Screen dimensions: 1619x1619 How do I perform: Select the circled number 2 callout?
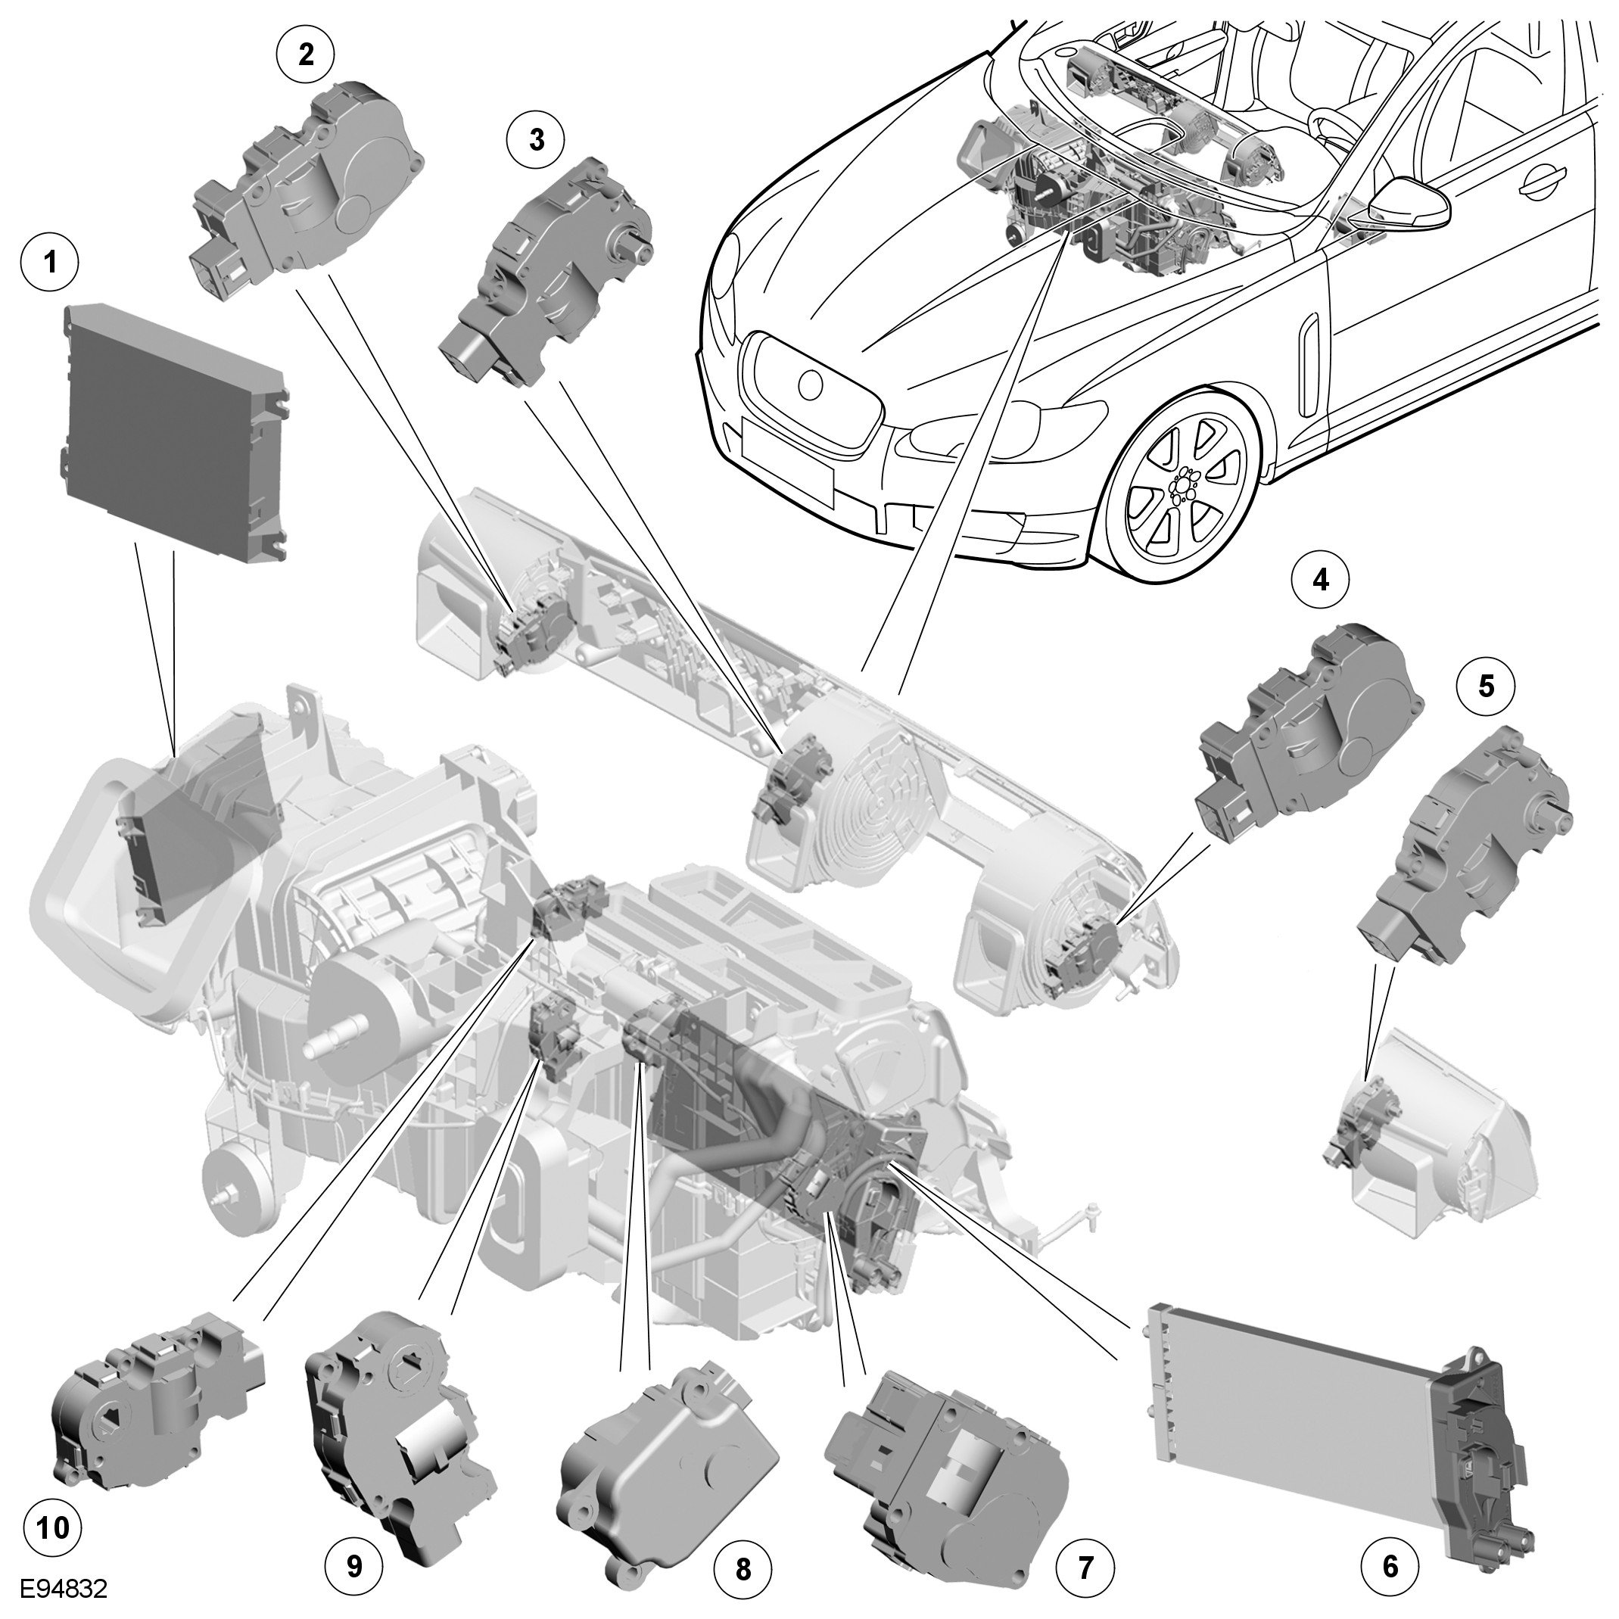pyautogui.click(x=306, y=54)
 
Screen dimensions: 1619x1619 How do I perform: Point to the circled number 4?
pyautogui.click(x=1322, y=579)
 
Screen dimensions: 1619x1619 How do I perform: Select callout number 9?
pyautogui.click(x=354, y=1565)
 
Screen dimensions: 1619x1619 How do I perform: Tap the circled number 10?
pyautogui.click(x=53, y=1527)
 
